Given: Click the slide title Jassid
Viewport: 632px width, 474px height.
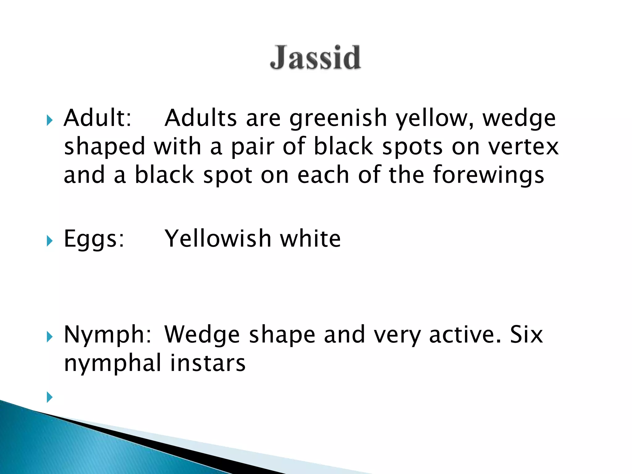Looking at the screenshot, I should point(315,57).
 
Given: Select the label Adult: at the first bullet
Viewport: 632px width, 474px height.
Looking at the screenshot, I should point(98,118).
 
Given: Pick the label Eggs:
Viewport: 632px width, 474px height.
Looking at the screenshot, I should point(94,239).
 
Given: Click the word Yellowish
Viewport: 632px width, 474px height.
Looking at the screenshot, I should point(218,239).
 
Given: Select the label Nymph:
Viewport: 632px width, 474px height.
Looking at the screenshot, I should point(107,335).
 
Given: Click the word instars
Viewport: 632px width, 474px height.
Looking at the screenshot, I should point(208,363).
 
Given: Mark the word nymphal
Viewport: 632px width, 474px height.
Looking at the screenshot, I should point(113,364).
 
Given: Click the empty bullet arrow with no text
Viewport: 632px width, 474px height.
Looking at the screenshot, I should point(49,397).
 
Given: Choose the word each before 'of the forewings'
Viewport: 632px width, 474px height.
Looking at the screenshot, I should point(323,175).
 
